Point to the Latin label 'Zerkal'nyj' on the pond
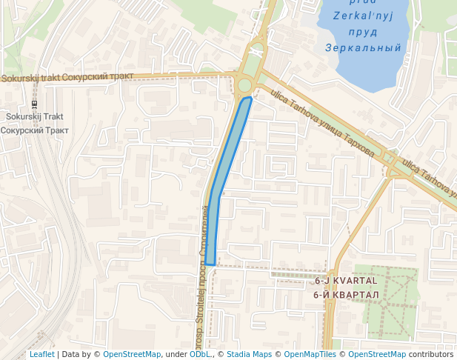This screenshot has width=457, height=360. point(362,16)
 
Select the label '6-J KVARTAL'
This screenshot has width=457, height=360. point(346,281)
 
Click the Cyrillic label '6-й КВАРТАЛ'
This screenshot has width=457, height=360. point(346,295)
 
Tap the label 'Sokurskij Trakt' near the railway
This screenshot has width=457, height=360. point(34,116)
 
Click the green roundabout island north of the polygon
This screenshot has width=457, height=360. point(244,84)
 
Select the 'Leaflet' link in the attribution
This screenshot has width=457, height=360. point(41,354)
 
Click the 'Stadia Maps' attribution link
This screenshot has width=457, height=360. point(249,354)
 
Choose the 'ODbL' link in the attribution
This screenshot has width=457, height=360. point(200,354)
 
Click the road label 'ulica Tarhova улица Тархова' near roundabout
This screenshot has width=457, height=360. point(322,124)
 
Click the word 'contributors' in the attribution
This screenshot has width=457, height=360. point(431,354)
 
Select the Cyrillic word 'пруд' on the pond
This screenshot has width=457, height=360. point(362,32)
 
